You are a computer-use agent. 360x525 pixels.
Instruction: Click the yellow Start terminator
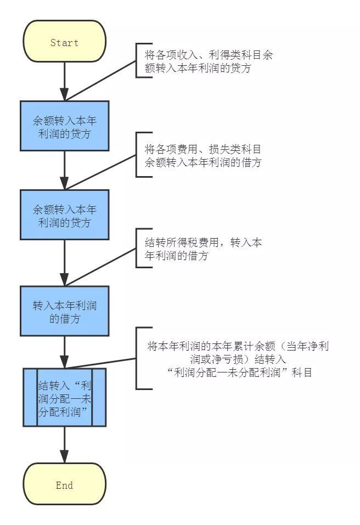click(x=64, y=42)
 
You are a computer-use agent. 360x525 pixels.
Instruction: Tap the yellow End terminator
click(x=64, y=485)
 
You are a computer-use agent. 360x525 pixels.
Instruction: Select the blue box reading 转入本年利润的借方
click(x=64, y=311)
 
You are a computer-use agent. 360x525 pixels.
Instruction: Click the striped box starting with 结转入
click(x=64, y=397)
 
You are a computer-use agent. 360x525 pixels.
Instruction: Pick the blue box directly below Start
click(x=64, y=126)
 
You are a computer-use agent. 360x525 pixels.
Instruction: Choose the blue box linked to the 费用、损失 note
click(x=64, y=214)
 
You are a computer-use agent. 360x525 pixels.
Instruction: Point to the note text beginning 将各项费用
click(x=203, y=155)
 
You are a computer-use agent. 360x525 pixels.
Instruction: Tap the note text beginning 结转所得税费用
click(x=203, y=249)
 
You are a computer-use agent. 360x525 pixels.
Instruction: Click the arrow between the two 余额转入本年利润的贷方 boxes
click(x=64, y=170)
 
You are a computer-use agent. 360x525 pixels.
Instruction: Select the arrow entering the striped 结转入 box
click(x=64, y=352)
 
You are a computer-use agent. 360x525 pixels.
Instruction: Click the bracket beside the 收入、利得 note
click(x=137, y=60)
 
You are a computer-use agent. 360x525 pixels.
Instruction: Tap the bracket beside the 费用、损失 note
click(x=137, y=154)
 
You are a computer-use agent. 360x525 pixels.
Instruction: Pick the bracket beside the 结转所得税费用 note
click(x=137, y=248)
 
